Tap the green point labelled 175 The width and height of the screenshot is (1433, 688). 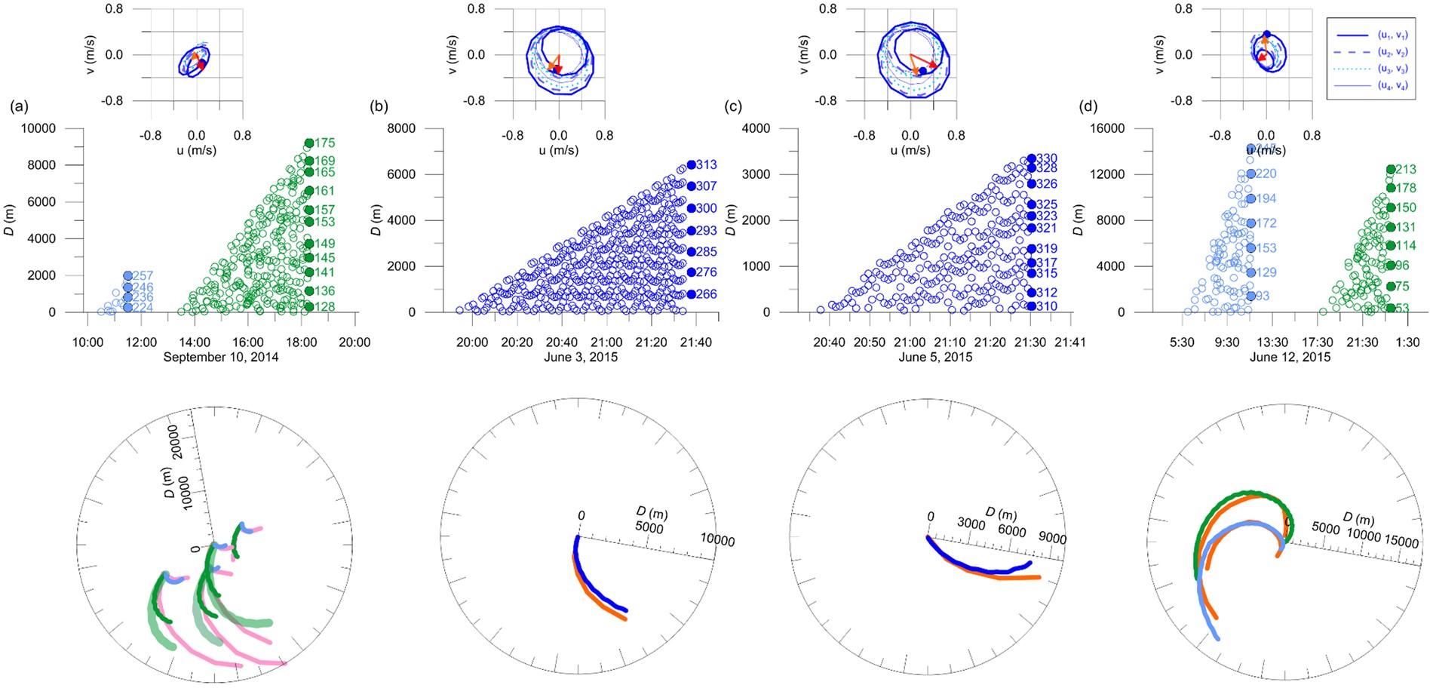pos(308,143)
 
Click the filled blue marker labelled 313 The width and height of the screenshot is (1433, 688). pos(691,165)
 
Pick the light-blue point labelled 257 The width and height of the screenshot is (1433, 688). pos(127,276)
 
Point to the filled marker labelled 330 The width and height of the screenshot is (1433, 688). pos(1031,158)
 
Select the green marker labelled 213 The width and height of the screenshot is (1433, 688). pos(1390,170)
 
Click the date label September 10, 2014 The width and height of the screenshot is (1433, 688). pos(220,357)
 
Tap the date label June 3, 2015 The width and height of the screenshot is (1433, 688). pos(580,357)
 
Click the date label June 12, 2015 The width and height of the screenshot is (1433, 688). pos(1290,357)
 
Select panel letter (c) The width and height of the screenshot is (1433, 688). pos(732,107)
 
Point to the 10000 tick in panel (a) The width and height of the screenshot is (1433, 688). pos(38,128)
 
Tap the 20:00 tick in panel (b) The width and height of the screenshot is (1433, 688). pos(472,342)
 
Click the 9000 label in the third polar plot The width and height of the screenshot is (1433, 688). pos(1052,539)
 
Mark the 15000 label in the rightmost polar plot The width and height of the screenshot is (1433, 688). pos(1402,542)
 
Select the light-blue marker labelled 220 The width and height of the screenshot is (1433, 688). pos(1250,174)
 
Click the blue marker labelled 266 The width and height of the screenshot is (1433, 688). pos(691,294)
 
